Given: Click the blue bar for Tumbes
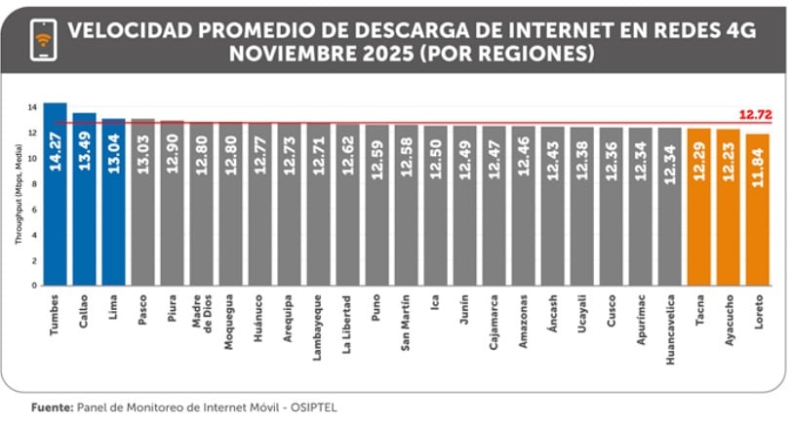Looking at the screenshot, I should [x=55, y=194].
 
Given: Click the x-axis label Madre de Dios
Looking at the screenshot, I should [x=201, y=316].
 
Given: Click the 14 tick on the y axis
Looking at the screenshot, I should [x=32, y=106].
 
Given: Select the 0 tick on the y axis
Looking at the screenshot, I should [x=34, y=286].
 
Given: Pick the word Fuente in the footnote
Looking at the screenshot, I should [x=50, y=406].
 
